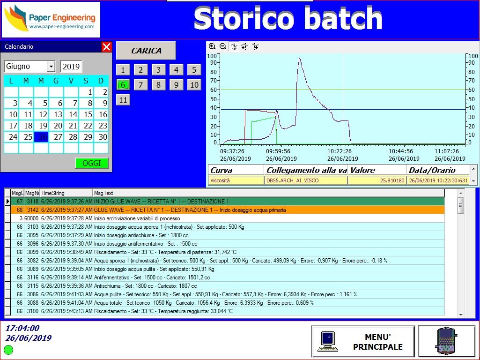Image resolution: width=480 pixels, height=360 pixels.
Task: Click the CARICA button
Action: (x=146, y=51)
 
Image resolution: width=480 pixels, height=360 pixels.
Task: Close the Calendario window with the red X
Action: (x=107, y=47)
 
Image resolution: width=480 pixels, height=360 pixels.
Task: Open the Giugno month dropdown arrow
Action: (x=51, y=67)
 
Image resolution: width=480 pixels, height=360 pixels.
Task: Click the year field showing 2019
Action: (x=71, y=67)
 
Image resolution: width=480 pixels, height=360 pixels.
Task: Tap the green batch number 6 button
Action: (x=123, y=85)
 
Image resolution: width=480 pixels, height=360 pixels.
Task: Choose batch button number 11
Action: (x=123, y=100)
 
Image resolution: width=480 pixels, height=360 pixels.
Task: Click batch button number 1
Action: (x=123, y=70)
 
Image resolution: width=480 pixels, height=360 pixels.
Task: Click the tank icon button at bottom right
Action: (x=446, y=341)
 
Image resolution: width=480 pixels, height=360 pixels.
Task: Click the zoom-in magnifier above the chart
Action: (x=212, y=46)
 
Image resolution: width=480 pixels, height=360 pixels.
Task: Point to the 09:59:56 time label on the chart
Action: (x=278, y=151)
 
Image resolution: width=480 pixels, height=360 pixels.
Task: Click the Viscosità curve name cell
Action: (x=236, y=180)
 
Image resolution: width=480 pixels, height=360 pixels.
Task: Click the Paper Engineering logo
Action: (x=51, y=20)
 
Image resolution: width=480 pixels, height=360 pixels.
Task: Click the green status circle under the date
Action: (x=8, y=350)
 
